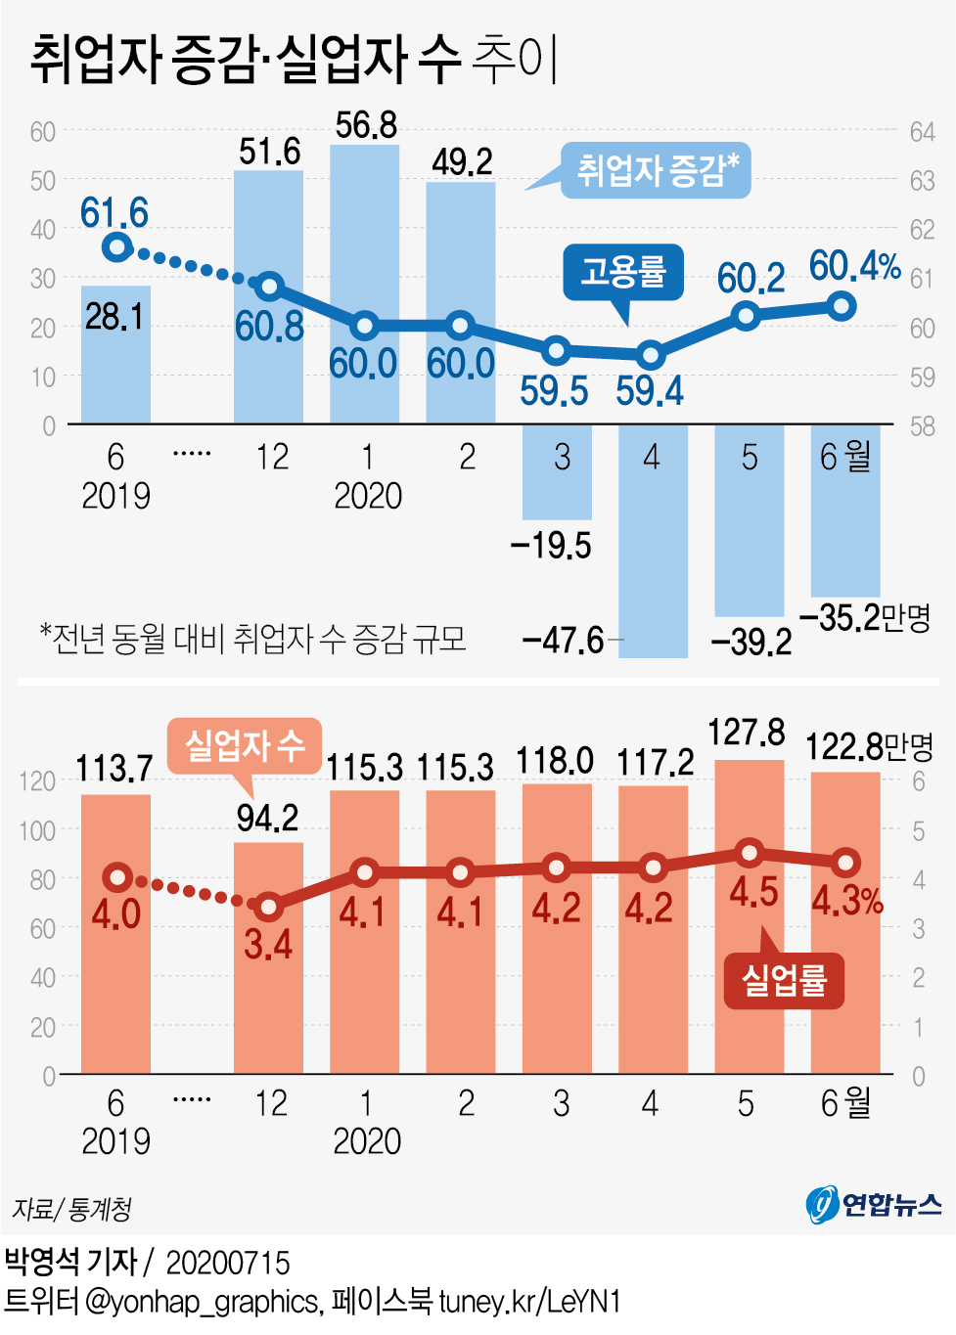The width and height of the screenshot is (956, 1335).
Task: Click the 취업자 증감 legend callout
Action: tap(655, 170)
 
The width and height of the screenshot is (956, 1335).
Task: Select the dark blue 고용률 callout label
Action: tap(623, 271)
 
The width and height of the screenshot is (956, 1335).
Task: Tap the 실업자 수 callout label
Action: tap(245, 746)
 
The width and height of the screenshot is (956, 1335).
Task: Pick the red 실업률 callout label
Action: tap(784, 980)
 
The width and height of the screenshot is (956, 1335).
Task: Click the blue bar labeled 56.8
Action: tap(365, 284)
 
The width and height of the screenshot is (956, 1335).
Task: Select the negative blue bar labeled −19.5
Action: tap(557, 471)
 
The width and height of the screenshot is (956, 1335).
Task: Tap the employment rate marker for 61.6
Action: tap(117, 246)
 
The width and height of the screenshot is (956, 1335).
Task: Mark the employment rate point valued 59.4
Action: tap(651, 355)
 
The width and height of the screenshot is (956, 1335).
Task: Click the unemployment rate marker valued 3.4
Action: tap(269, 907)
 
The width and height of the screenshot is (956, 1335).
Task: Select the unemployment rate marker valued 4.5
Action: tap(750, 853)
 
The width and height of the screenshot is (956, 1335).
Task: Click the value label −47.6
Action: tap(564, 641)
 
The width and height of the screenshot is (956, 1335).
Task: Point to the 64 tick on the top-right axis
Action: tap(922, 132)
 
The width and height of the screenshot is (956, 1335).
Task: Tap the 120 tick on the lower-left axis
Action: tap(37, 781)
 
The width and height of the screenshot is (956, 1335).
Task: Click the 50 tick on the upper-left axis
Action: tap(42, 181)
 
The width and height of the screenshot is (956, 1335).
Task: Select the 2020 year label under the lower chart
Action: tap(367, 1141)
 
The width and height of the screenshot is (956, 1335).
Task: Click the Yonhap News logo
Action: tap(873, 1204)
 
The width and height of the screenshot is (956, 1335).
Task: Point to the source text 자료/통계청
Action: tap(71, 1210)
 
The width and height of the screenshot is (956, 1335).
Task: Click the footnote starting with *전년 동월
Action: tap(252, 639)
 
